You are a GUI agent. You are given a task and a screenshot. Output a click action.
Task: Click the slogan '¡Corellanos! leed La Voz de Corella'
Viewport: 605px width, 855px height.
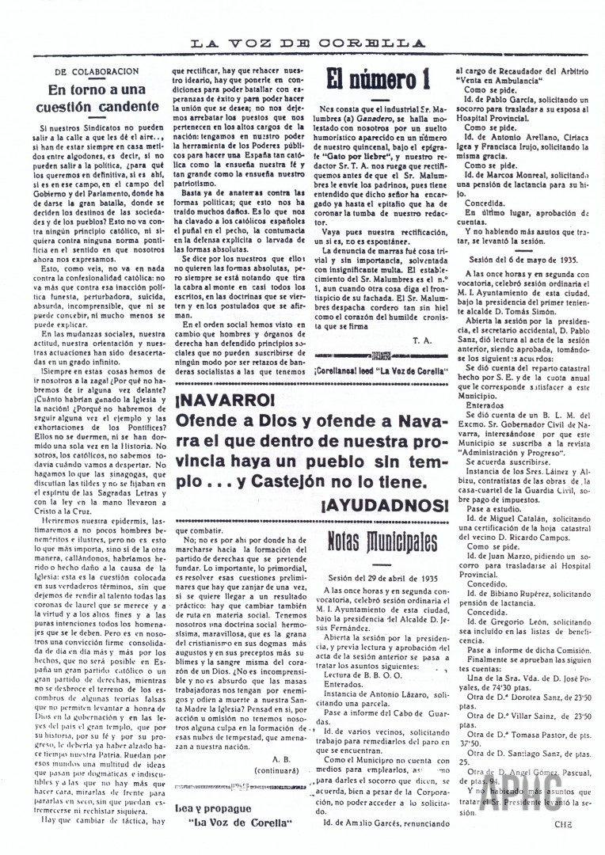point(382,370)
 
